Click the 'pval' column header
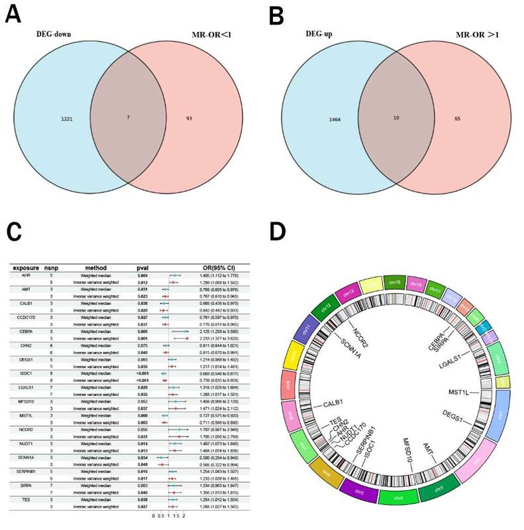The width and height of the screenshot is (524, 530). tap(142, 267)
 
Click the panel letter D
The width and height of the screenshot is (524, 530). tap(280, 232)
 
